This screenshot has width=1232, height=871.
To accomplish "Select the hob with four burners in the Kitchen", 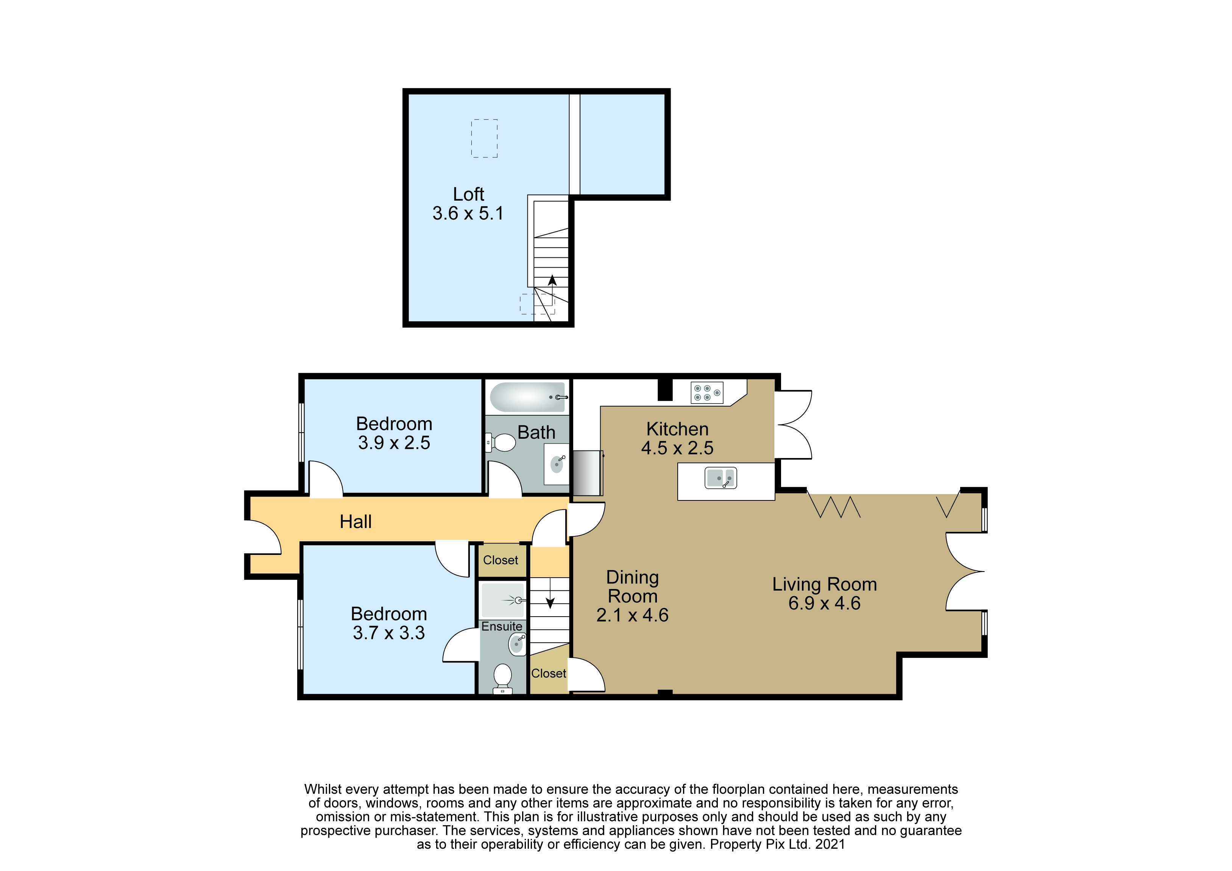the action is (x=707, y=393).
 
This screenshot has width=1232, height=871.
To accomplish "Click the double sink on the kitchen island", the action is (x=720, y=477).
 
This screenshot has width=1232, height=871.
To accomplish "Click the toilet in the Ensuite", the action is (x=503, y=678).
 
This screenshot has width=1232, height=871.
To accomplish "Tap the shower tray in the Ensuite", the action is (x=503, y=600).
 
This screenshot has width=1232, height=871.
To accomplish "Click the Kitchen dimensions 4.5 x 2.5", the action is (x=677, y=448).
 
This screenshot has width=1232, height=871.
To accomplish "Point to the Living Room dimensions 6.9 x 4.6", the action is (x=824, y=603).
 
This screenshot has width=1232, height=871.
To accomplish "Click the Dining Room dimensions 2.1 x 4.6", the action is (x=632, y=615).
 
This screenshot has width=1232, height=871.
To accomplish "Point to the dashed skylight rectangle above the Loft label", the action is (x=485, y=139).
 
